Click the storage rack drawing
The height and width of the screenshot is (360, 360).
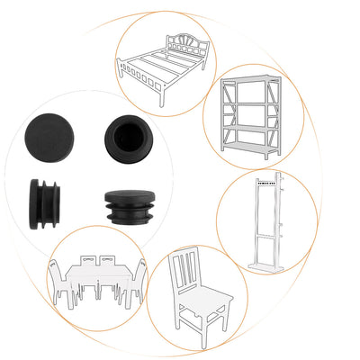point(251,112)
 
